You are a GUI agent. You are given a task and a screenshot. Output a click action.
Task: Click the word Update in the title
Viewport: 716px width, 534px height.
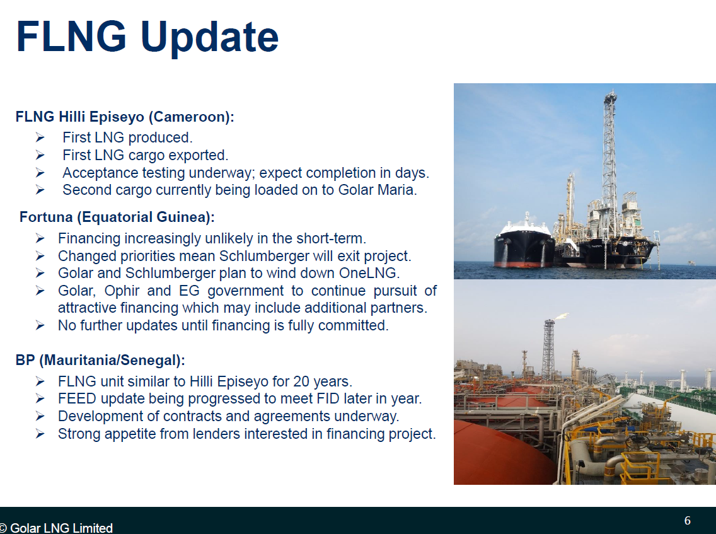[210, 38]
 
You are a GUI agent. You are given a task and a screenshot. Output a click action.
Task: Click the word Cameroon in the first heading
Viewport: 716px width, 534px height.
[190, 117]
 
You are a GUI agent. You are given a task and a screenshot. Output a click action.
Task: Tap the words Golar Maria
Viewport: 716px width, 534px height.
[377, 190]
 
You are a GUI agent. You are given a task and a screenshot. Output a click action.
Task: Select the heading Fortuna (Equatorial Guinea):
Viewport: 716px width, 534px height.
[117, 217]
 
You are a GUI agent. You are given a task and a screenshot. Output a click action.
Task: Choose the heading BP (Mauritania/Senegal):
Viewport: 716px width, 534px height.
[100, 361]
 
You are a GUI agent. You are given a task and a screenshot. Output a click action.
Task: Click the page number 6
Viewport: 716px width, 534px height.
[687, 521]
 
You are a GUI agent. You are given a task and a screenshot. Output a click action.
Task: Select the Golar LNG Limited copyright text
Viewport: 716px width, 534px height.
[57, 528]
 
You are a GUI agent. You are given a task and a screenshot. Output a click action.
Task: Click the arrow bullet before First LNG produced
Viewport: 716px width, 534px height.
[40, 137]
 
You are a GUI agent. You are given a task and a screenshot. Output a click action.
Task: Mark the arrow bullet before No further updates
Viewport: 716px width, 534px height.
[40, 326]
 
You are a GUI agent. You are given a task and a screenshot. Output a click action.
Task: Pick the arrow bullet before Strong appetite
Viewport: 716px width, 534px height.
[40, 434]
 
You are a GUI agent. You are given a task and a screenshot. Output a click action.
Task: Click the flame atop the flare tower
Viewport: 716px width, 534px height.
[561, 316]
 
